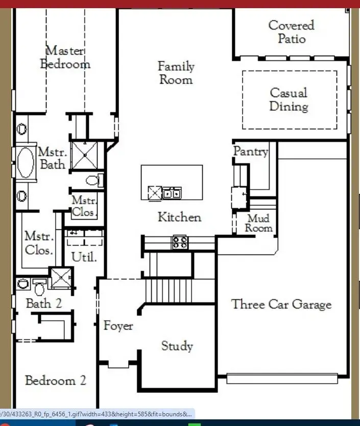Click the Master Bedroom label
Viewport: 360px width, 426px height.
click(x=65, y=57)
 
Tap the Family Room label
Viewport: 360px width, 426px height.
click(x=176, y=73)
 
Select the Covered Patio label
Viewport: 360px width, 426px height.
click(x=292, y=32)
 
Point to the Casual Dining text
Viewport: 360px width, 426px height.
click(x=289, y=100)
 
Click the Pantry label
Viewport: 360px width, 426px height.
click(x=250, y=151)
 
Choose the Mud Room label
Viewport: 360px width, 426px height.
click(x=258, y=223)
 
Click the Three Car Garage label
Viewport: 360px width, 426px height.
click(x=281, y=304)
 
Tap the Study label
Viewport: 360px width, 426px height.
click(x=177, y=346)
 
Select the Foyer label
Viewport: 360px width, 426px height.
click(x=118, y=325)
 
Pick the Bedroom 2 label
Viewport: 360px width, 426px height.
click(x=55, y=381)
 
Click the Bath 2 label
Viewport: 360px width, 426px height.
click(x=44, y=303)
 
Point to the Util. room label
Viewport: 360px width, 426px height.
click(x=84, y=257)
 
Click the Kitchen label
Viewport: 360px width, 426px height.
click(x=179, y=217)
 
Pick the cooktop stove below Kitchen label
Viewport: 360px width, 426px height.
click(x=180, y=242)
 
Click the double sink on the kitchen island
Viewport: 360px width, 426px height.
click(x=172, y=193)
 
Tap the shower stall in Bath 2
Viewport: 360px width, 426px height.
click(x=60, y=278)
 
